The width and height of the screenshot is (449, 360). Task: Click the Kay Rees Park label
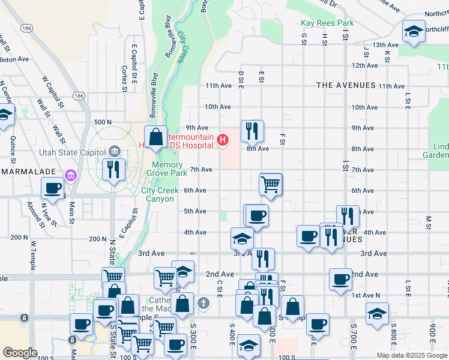coord(327,23)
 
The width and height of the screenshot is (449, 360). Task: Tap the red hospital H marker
coord(223,140)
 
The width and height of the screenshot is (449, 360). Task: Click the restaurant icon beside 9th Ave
coord(252,130)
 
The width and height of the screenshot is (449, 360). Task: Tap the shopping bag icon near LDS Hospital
coord(156,137)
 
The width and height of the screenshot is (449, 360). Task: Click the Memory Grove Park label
coord(167,169)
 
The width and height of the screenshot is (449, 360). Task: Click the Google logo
coord(20,352)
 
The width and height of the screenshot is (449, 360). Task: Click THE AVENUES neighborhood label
coord(346,86)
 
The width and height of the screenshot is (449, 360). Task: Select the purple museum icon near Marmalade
coord(71,175)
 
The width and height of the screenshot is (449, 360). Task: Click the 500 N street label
coord(103,122)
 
